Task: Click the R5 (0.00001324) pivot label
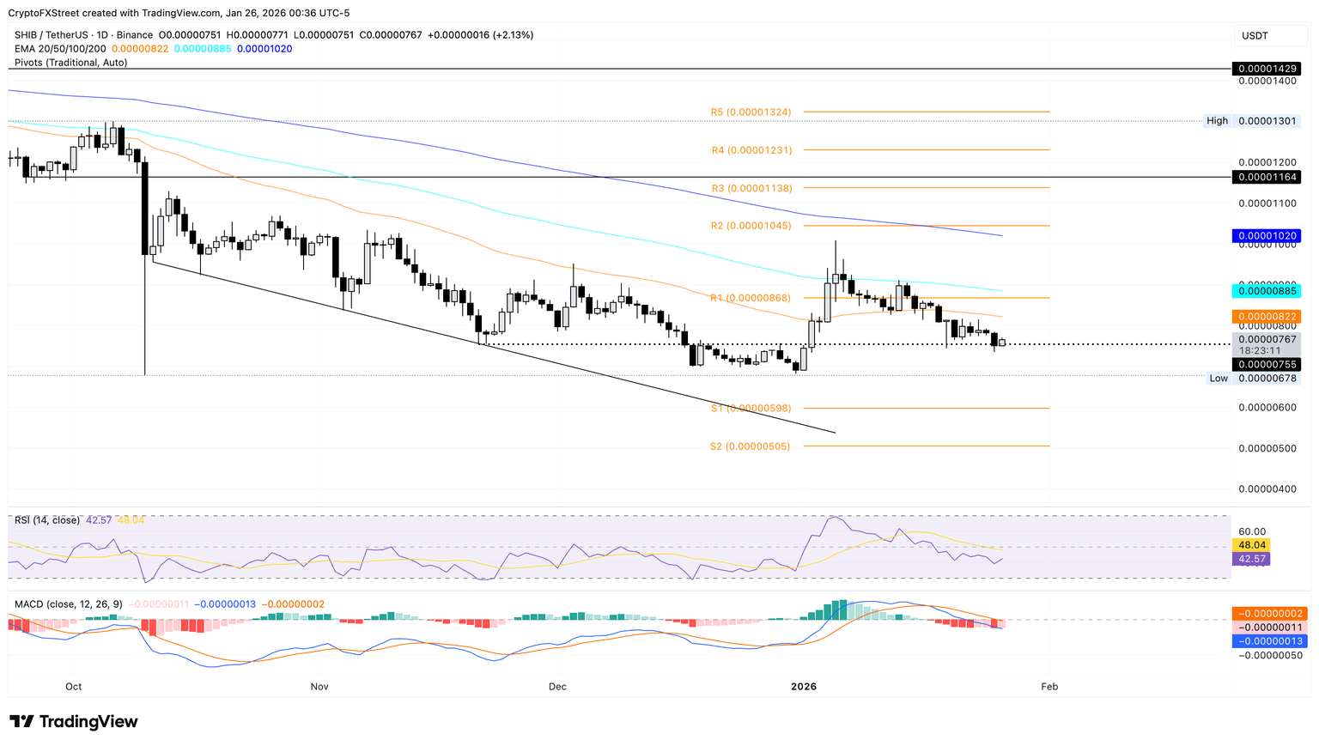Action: click(x=751, y=112)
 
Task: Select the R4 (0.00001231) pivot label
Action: click(x=751, y=150)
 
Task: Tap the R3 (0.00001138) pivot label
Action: click(x=751, y=188)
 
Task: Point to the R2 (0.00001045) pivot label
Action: click(x=751, y=226)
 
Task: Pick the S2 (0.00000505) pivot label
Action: click(x=750, y=446)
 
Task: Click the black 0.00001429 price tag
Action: click(x=1267, y=68)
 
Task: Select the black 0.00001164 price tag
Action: click(x=1267, y=177)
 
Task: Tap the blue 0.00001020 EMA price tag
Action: click(x=1267, y=235)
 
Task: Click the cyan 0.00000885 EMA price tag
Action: click(x=1267, y=290)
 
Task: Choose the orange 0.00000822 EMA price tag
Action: click(x=1267, y=317)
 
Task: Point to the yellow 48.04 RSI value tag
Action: click(x=1249, y=545)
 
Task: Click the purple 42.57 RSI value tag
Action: click(x=1249, y=559)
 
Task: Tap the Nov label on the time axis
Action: click(x=319, y=686)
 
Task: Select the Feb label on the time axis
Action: click(x=1049, y=686)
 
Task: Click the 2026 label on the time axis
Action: click(x=804, y=686)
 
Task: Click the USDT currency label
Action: click(x=1255, y=36)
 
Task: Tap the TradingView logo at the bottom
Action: click(x=74, y=722)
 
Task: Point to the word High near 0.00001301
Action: click(x=1217, y=121)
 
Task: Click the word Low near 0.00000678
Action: click(x=1219, y=379)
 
